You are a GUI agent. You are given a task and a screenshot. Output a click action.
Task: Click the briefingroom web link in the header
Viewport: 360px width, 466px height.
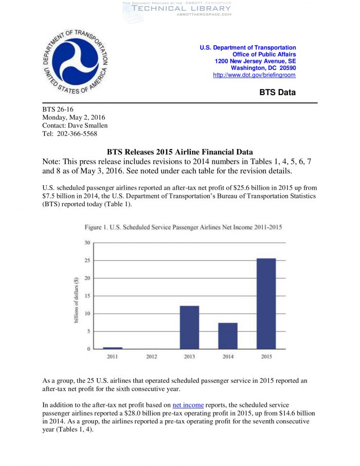point(254,75)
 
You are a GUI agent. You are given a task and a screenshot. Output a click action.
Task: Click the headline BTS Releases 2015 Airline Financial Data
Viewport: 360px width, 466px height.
point(179,152)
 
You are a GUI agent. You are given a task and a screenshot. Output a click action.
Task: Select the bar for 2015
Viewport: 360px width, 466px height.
point(266,303)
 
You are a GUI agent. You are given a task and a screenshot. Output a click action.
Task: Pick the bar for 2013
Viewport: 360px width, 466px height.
point(189,327)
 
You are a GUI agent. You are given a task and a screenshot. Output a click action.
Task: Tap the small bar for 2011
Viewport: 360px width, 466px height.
point(113,348)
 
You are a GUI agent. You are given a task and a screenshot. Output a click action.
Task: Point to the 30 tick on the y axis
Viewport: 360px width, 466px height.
point(87,243)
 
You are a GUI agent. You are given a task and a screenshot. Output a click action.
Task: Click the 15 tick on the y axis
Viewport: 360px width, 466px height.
point(87,296)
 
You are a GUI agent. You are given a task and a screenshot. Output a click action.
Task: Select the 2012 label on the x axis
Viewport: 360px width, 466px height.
point(151,356)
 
